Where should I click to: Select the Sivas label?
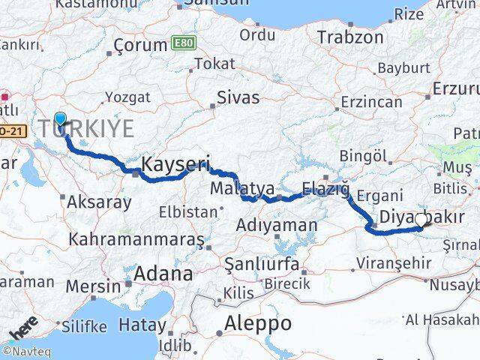point(238,97)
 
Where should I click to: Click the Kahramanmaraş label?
point(136,239)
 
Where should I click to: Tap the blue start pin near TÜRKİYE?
point(60,118)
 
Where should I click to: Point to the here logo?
point(24,330)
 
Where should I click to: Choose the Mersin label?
point(92,286)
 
